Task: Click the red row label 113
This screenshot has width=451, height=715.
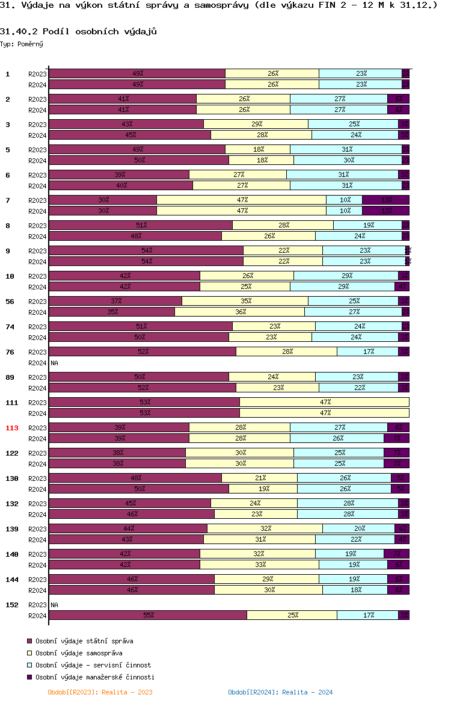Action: tap(12, 428)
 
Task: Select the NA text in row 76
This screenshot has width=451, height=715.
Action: tap(54, 363)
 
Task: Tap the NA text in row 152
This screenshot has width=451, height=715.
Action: tap(54, 605)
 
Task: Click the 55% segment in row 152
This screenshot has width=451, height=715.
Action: tap(148, 615)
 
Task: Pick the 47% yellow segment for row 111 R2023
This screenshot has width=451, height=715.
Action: tap(325, 402)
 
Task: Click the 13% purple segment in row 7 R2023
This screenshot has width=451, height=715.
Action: tap(385, 200)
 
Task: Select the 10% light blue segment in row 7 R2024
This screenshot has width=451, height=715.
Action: tap(345, 211)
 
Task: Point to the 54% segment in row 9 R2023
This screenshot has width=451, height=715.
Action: tap(146, 250)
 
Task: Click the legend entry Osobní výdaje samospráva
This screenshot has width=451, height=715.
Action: tap(79, 653)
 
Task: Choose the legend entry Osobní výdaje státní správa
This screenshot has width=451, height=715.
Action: tap(84, 641)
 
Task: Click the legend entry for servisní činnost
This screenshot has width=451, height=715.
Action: tap(93, 665)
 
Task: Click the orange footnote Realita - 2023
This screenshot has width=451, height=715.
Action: tap(100, 692)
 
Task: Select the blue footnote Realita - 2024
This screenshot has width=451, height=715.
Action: tap(280, 692)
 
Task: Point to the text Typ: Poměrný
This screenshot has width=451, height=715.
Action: tap(22, 44)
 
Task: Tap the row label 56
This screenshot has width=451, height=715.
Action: tap(10, 302)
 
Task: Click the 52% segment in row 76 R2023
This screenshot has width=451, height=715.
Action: tap(143, 351)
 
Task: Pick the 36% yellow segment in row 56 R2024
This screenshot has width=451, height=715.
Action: tap(239, 312)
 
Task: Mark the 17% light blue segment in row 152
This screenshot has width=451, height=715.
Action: tap(367, 615)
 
